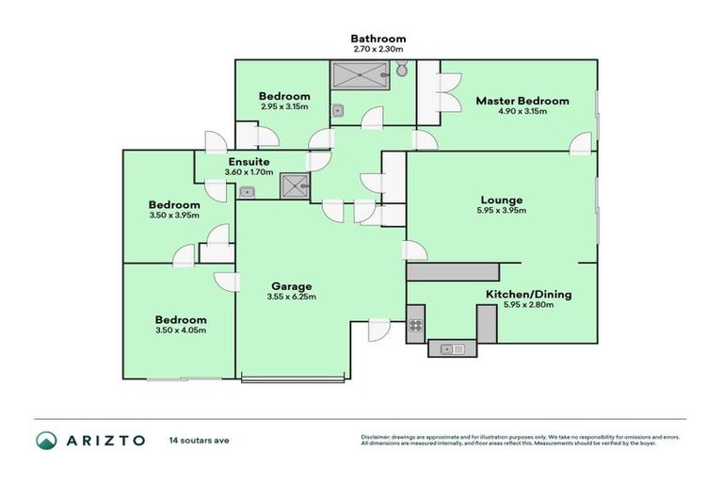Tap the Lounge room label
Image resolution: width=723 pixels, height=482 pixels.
tap(502, 200)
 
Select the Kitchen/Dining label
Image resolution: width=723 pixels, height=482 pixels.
tap(528, 295)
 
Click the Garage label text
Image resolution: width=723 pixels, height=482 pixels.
tap(291, 286)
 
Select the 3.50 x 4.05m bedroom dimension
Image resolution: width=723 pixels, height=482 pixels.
tap(181, 330)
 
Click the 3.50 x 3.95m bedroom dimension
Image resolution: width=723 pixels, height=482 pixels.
tap(174, 217)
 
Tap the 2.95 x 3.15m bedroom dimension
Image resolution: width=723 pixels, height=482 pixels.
tap(284, 107)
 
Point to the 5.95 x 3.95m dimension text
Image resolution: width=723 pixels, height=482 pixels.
tap(502, 211)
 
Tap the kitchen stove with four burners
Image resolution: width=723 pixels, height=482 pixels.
tap(415, 328)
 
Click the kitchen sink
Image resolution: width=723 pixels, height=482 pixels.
tap(452, 349)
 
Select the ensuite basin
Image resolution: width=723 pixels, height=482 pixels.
tap(248, 193)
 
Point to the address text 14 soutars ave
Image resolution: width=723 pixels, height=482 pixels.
tap(199, 440)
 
